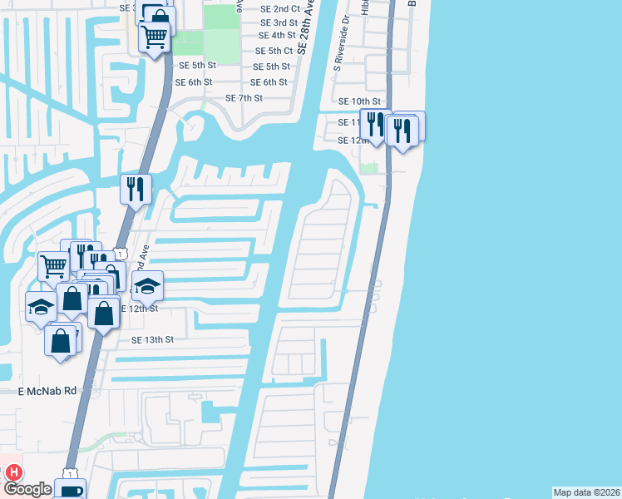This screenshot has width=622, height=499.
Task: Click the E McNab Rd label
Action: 47,390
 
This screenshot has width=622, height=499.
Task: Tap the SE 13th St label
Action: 152,339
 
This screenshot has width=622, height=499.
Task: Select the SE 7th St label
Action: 244,97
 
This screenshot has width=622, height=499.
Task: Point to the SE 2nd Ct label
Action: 279,9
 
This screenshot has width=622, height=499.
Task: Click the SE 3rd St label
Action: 279,22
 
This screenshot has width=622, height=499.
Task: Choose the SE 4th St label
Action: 277,35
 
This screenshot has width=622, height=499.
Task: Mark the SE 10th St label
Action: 359,101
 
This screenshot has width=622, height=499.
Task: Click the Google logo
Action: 28,490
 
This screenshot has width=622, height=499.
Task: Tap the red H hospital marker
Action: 13,472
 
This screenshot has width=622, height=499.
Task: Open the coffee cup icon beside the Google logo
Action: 70,490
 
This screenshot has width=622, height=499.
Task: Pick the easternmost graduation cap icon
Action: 147,286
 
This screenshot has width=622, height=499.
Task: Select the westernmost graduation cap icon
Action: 40,306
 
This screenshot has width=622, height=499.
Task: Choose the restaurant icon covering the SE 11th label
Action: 374,125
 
